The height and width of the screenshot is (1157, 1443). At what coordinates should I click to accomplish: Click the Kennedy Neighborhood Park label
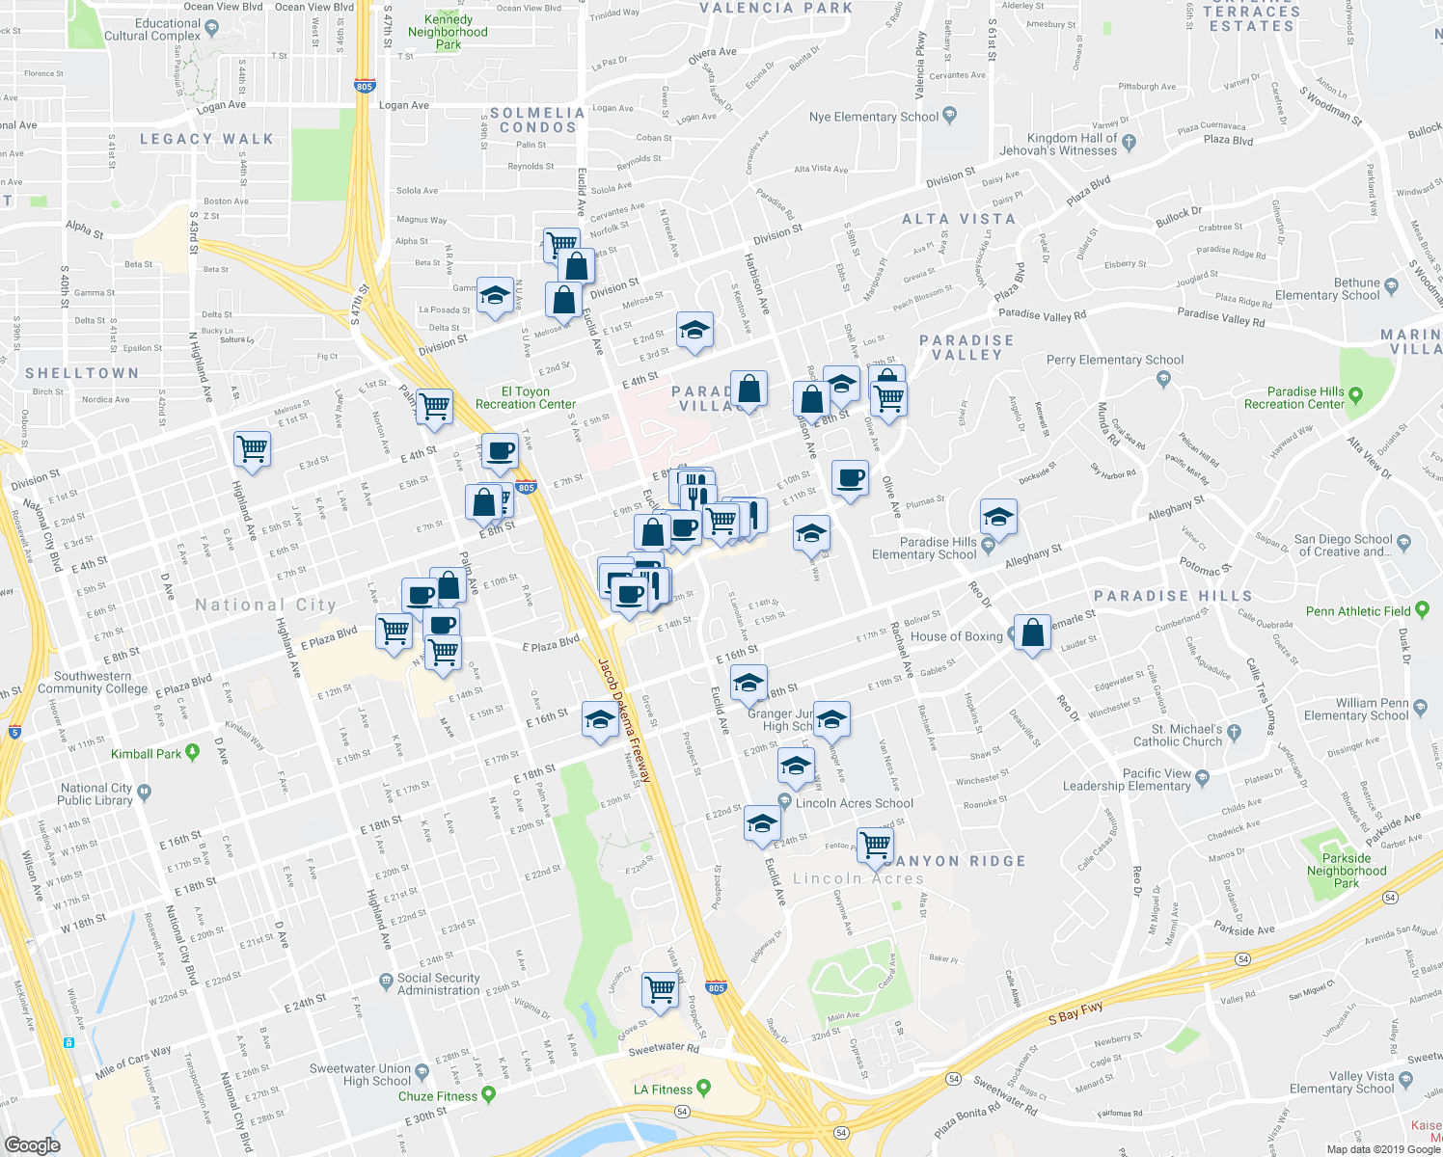448,32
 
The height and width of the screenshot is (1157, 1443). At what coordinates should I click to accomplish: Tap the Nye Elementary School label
873,117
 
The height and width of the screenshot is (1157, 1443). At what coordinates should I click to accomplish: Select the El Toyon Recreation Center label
526,398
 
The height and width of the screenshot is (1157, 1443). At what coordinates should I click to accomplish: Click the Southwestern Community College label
93,683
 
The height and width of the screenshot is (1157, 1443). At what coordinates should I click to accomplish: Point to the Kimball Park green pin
192,752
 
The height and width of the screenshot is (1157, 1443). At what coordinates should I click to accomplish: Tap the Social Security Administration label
439,983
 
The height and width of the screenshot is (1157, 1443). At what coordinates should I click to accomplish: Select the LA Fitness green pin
703,1088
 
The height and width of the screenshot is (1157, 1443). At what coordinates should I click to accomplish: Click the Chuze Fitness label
438,1096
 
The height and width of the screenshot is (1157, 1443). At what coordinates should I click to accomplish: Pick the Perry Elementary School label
1115,360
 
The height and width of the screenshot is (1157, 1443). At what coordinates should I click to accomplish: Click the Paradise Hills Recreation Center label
1305,398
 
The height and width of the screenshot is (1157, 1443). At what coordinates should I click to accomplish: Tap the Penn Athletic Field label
1358,611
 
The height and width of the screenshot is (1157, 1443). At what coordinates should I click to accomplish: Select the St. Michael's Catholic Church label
1178,735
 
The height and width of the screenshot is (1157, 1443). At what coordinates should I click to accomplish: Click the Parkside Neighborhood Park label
1347,871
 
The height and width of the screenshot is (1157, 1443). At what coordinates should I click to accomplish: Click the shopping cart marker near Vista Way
661,988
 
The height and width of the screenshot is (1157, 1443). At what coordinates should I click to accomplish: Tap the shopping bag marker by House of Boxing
1032,632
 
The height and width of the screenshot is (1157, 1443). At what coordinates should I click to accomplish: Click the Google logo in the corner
33,1144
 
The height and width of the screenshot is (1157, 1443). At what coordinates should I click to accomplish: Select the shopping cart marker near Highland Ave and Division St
252,447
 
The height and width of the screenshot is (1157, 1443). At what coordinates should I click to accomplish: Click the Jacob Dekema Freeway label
624,719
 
